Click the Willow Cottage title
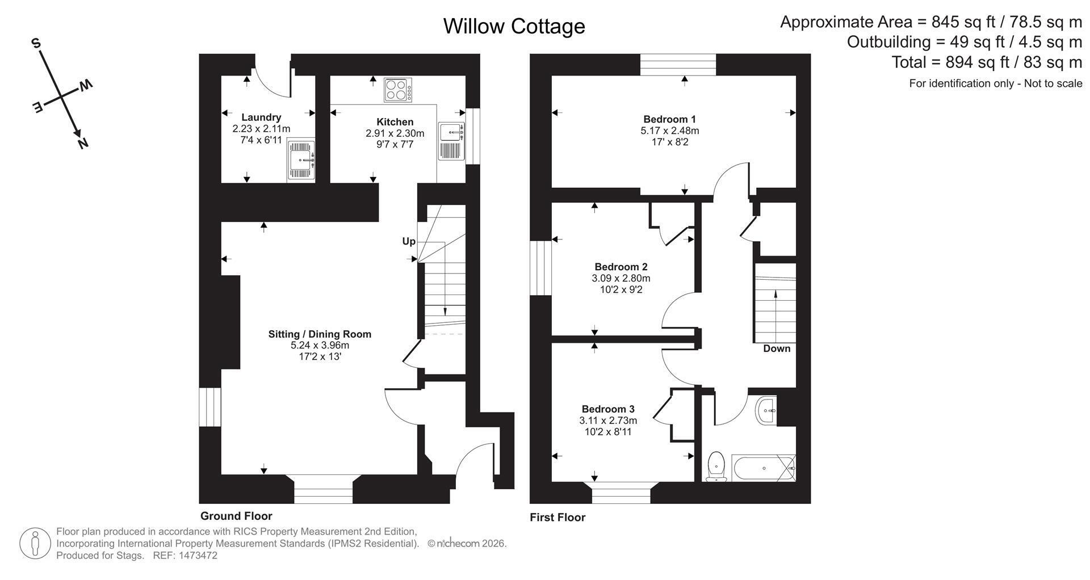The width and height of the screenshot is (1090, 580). (x=514, y=26)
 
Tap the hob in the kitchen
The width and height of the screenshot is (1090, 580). (x=398, y=90)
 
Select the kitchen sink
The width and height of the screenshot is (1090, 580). (x=451, y=140)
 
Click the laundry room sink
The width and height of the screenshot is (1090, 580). (x=301, y=159)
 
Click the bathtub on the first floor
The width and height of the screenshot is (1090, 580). (x=764, y=468)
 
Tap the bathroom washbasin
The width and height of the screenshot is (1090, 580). (x=766, y=410)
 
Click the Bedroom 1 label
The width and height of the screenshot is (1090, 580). (x=669, y=119)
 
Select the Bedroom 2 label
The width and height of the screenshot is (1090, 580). (x=621, y=267)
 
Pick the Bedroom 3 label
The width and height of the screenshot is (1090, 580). (x=608, y=409)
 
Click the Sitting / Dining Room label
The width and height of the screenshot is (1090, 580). (x=320, y=334)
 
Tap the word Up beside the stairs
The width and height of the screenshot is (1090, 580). (x=409, y=242)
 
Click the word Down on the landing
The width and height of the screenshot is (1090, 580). (x=777, y=348)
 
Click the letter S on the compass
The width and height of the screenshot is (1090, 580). (x=36, y=43)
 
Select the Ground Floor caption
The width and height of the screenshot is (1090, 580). (x=236, y=516)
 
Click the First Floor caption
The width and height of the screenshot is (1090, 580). (x=557, y=517)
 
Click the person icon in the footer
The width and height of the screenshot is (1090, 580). (x=36, y=544)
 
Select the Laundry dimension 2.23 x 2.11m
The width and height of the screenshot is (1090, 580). (x=261, y=129)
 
